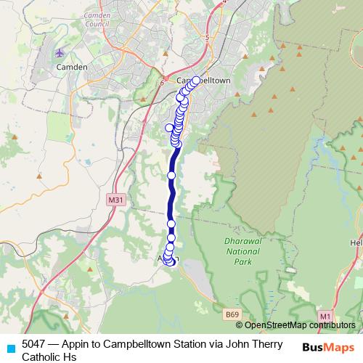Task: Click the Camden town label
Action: pyautogui.click(x=73, y=67)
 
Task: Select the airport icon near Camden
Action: pyautogui.click(x=60, y=53)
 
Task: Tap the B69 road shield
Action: pyautogui.click(x=232, y=314)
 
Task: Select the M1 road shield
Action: pyautogui.click(x=326, y=316)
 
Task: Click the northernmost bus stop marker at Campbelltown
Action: pyautogui.click(x=196, y=81)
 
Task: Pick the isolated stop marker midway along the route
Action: pyautogui.click(x=172, y=175)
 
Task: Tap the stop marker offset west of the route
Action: pyautogui.click(x=171, y=128)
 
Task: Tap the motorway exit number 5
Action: pyautogui.click(x=207, y=37)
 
